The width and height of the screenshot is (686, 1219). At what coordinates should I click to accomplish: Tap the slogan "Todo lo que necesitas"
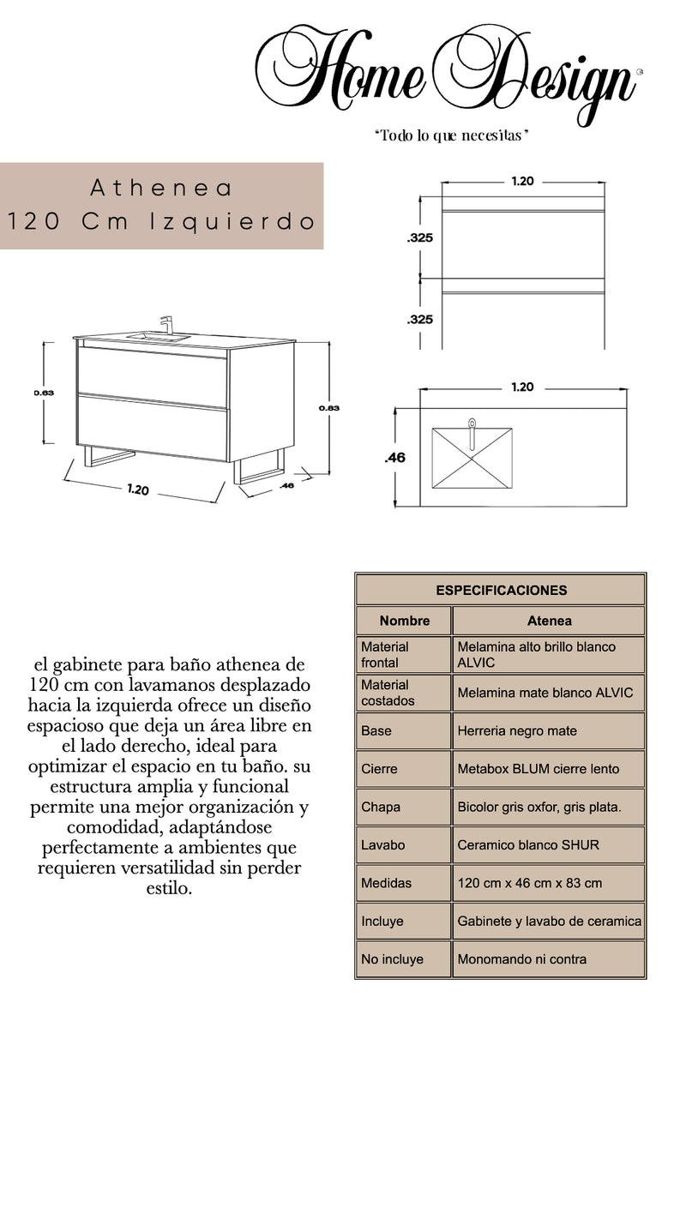tap(449, 136)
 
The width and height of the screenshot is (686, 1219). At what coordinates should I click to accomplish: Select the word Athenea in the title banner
tap(161, 187)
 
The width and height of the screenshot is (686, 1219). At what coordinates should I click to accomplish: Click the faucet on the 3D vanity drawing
tap(167, 325)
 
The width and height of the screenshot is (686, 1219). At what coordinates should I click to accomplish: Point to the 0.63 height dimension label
tap(45, 393)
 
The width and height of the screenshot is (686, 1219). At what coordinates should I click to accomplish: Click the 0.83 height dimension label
tap(328, 408)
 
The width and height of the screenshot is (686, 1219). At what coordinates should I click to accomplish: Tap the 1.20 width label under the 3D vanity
tap(138, 490)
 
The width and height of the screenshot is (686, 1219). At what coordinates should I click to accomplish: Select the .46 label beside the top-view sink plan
tap(395, 458)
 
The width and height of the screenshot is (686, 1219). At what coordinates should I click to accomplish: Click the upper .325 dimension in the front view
tap(419, 238)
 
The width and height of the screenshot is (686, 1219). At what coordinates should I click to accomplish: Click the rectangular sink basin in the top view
tap(472, 457)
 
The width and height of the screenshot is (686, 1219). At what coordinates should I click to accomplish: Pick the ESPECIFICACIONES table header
tap(501, 590)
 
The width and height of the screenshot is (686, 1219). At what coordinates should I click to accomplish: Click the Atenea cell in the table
tap(549, 621)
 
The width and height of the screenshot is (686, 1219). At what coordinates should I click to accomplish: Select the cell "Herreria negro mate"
tap(516, 731)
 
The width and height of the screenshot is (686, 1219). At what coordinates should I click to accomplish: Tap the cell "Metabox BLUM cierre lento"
tap(538, 769)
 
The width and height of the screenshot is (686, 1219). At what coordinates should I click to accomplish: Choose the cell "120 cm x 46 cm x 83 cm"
tap(529, 883)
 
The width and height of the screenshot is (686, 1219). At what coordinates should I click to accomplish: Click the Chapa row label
tap(381, 807)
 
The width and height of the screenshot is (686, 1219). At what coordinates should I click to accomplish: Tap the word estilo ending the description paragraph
tap(164, 889)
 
